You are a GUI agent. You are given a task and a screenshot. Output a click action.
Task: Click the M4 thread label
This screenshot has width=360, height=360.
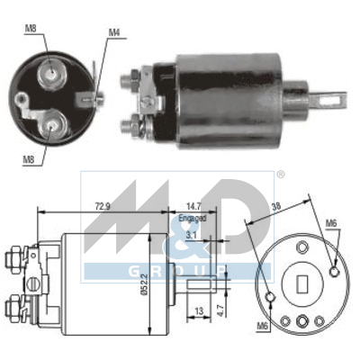click(x=114, y=32)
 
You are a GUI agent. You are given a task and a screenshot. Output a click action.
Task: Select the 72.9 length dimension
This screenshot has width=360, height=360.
click(x=103, y=206)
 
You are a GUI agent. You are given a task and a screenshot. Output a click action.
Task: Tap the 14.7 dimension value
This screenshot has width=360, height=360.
click(x=193, y=206)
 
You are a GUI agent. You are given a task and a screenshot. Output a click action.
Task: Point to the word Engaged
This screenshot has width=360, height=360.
click(x=193, y=218)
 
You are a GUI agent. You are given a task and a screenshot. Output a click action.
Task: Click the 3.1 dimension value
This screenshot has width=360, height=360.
click(x=191, y=235)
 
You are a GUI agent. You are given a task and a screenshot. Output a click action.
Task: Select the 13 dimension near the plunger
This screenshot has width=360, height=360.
click(x=199, y=311)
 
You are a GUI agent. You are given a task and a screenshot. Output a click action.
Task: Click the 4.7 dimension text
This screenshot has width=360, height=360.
click(x=220, y=310)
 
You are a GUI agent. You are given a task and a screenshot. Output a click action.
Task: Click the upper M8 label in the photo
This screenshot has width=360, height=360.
click(x=31, y=29)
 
